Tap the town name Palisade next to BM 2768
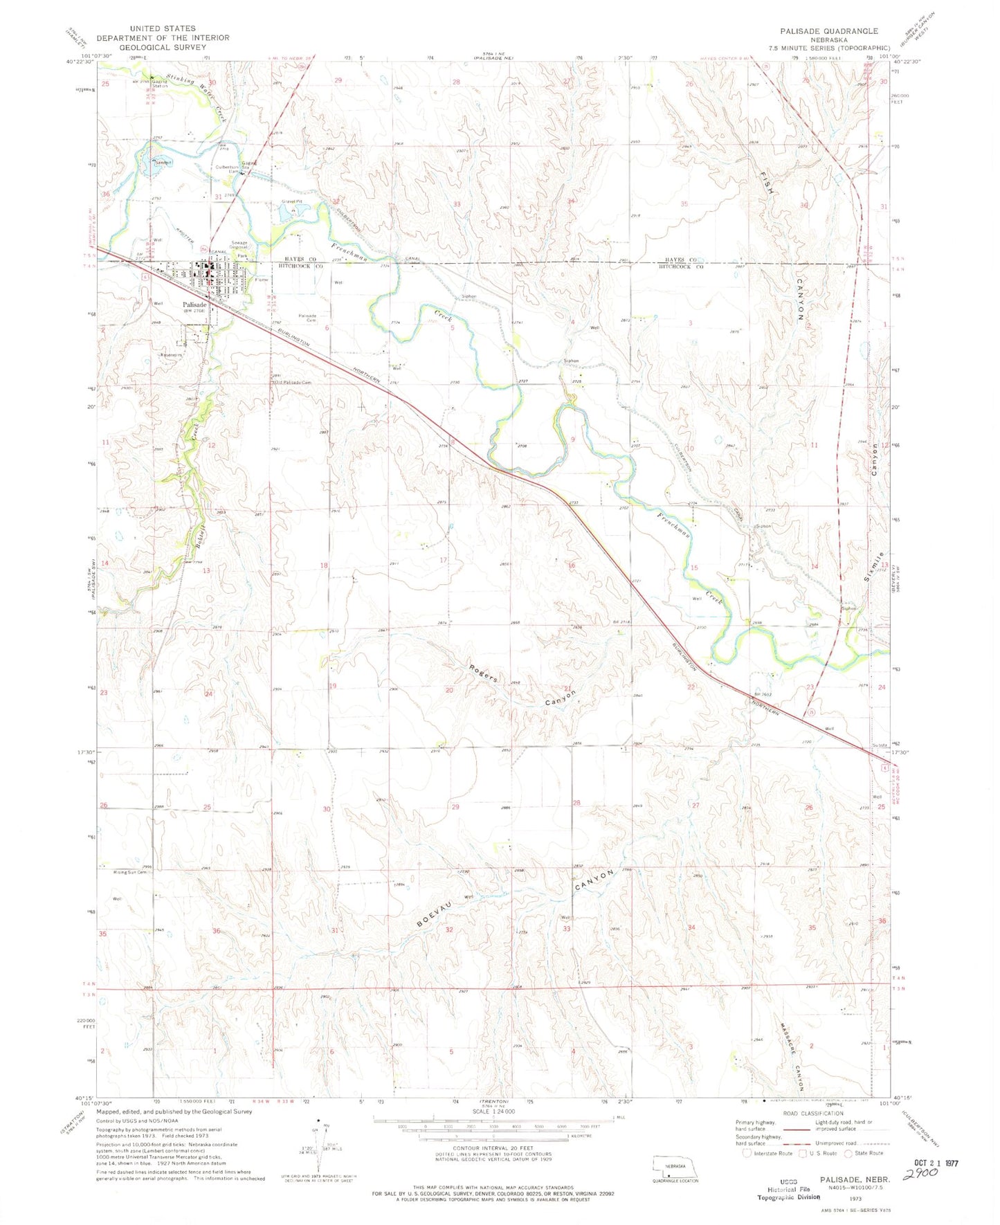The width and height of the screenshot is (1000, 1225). (x=194, y=305)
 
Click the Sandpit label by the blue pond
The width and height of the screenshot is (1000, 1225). (x=163, y=162)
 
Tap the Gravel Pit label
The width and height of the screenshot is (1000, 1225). (x=292, y=201)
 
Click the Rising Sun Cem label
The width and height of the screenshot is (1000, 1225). (x=131, y=872)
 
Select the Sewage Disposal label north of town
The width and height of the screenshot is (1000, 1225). (x=239, y=246)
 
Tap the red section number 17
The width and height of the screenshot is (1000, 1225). (x=444, y=560)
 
